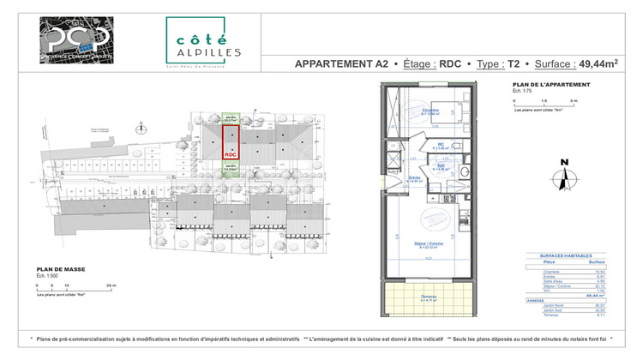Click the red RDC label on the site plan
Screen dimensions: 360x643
coord(230,154)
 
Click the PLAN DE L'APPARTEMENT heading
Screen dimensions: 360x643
coord(549,84)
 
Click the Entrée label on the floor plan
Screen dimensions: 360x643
coord(401,177)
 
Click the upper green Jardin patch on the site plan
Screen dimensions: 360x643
coord(231,120)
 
